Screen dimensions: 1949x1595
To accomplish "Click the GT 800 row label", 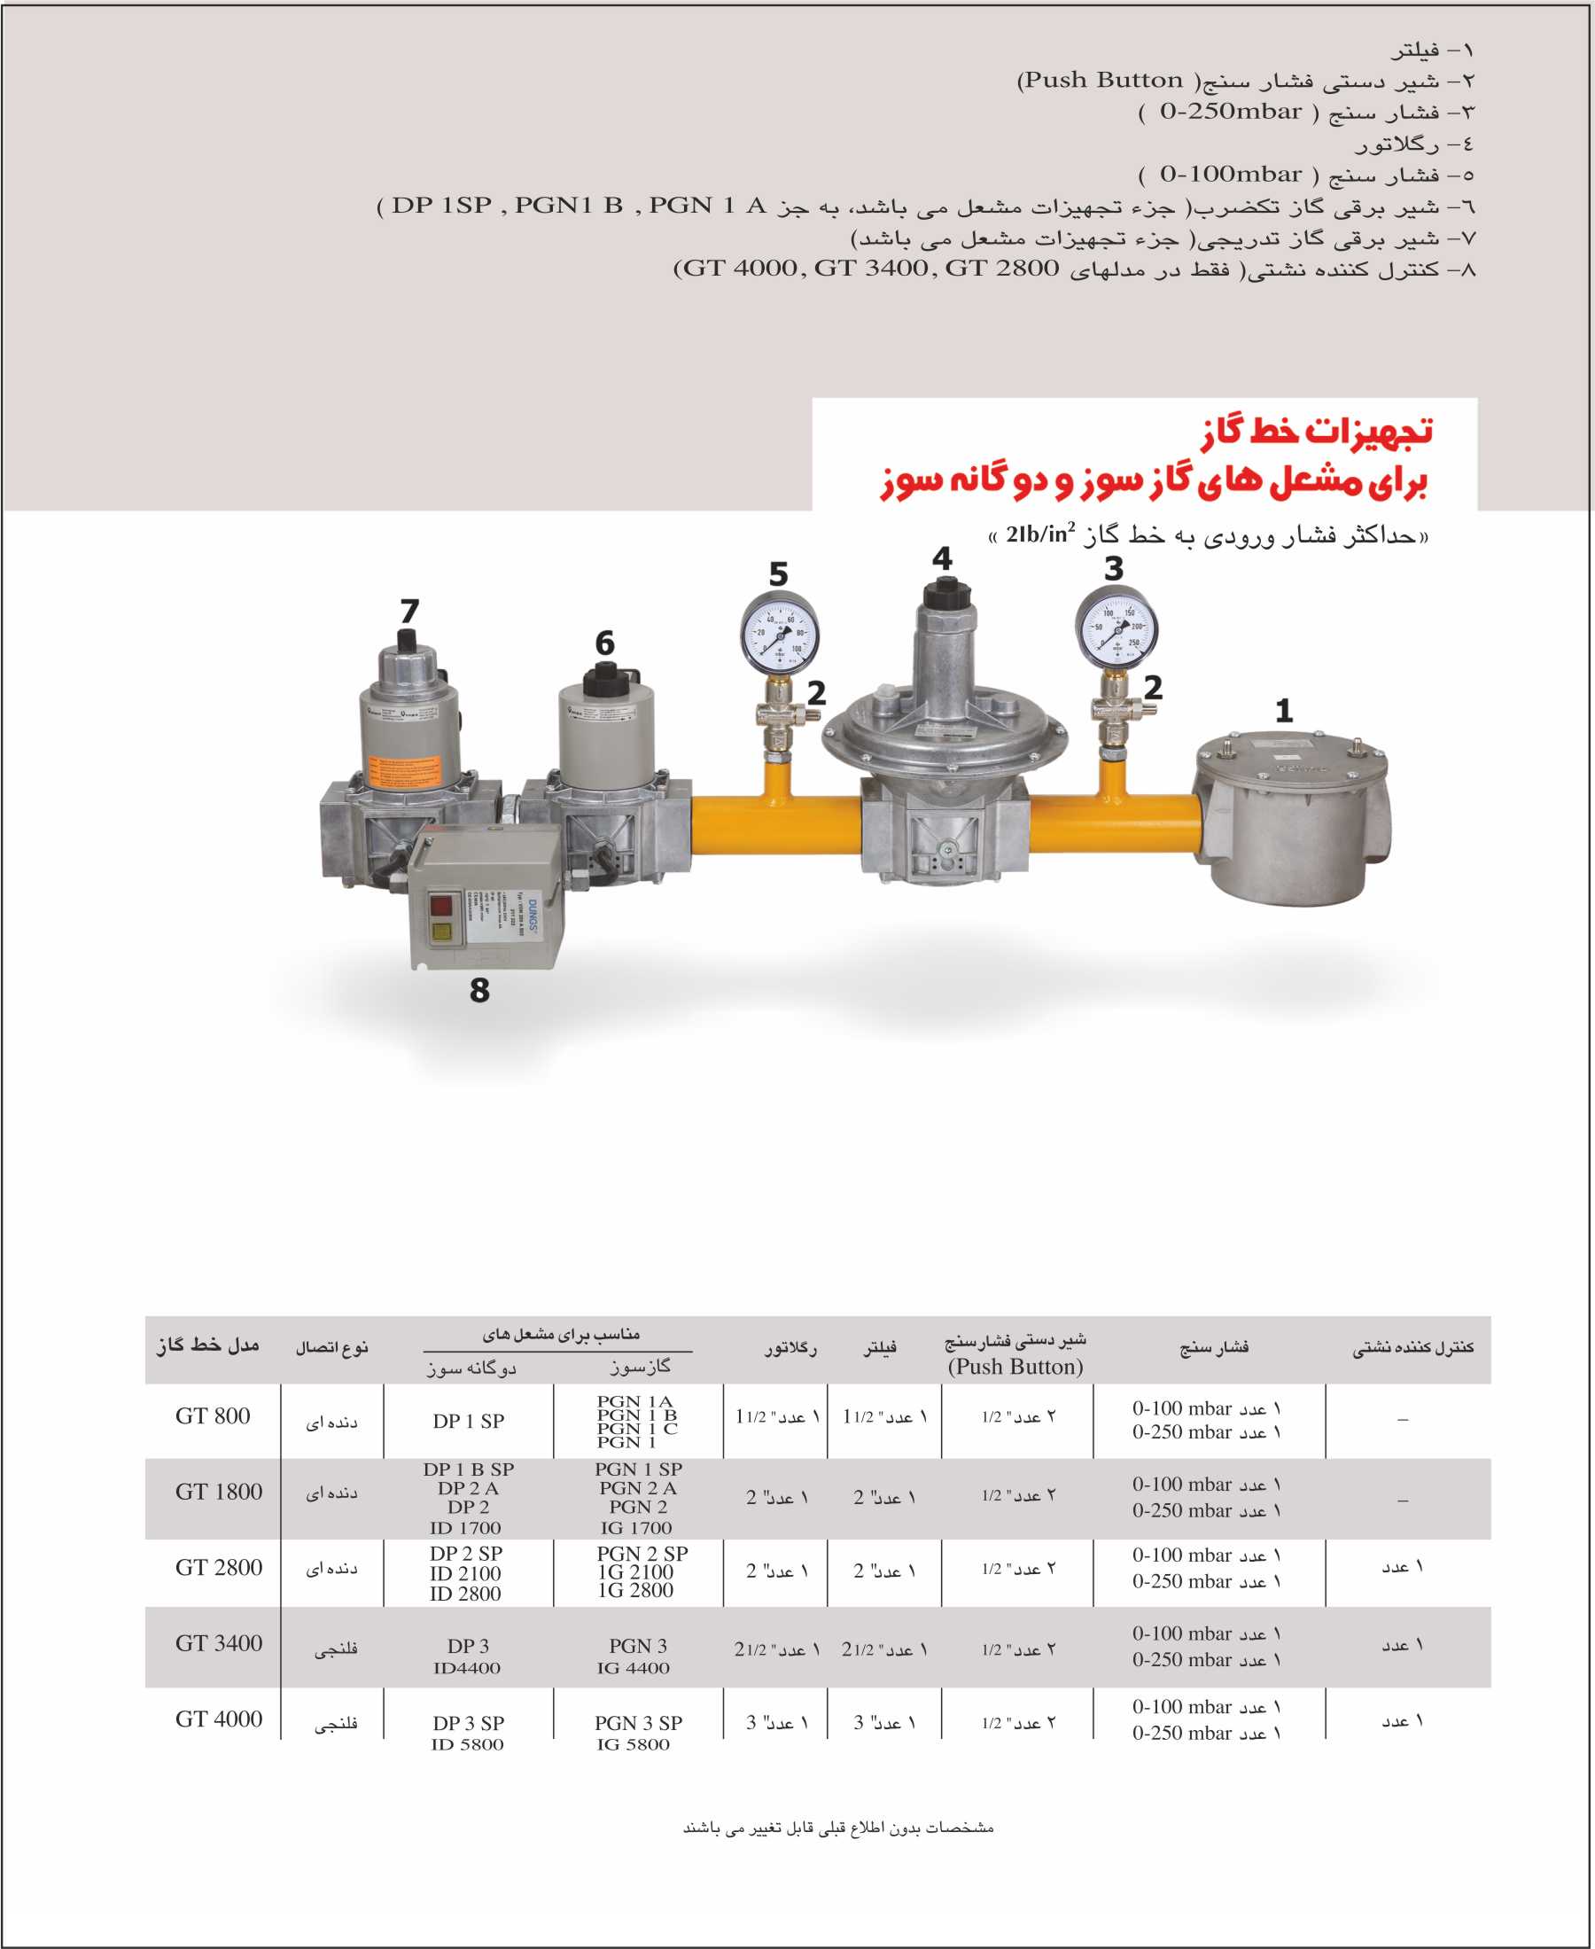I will [x=213, y=1416].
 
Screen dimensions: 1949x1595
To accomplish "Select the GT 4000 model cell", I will [x=219, y=1719].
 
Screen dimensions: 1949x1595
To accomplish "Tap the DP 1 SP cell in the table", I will [x=469, y=1421].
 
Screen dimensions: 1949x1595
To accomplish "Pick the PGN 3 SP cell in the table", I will [x=638, y=1723].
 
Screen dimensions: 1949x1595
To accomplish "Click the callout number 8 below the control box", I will [x=478, y=991].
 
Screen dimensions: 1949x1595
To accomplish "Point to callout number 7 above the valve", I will [x=409, y=611].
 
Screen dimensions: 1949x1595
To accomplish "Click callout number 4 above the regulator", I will [x=942, y=558].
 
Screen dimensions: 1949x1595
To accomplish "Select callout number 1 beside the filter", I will [x=1284, y=710].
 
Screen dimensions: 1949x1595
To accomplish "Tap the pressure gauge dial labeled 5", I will [x=779, y=634].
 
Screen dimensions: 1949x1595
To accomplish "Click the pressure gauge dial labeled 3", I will [x=1116, y=629].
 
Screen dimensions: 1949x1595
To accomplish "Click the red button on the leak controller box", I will [x=441, y=905].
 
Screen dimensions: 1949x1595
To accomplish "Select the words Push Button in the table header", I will [x=1015, y=1368].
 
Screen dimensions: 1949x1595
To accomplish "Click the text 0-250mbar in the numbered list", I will [x=1230, y=112].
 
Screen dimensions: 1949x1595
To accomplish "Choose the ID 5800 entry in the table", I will [x=468, y=1744].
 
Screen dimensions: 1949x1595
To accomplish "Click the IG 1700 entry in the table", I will [x=636, y=1527].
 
